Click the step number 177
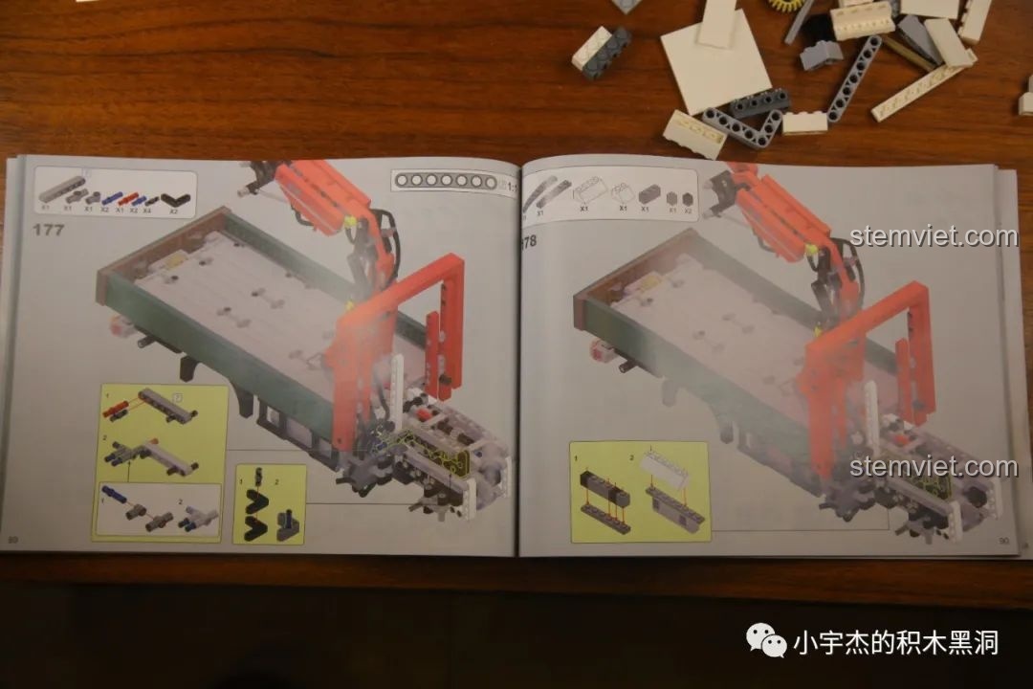click(x=47, y=230)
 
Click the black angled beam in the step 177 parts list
click(x=174, y=201)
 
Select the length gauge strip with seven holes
click(x=443, y=181)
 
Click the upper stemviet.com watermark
click(x=934, y=236)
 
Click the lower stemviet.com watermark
click(x=934, y=467)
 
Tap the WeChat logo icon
click(x=767, y=640)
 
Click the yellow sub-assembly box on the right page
click(x=639, y=490)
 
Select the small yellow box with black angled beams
click(x=269, y=503)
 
